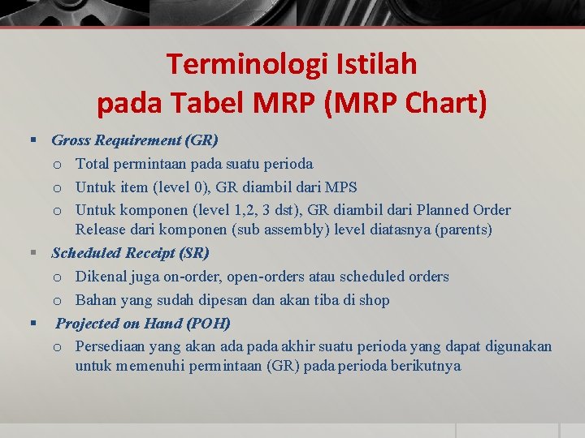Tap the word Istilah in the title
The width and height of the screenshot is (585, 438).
coord(379,63)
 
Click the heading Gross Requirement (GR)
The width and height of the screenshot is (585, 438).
coord(134,140)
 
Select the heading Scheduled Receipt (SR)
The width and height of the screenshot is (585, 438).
coord(130,253)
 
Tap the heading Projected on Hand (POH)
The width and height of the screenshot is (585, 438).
coord(143,324)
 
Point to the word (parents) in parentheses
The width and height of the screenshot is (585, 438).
coord(463,230)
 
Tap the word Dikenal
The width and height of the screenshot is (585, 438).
coord(103,277)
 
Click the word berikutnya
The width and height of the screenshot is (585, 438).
coord(422,366)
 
